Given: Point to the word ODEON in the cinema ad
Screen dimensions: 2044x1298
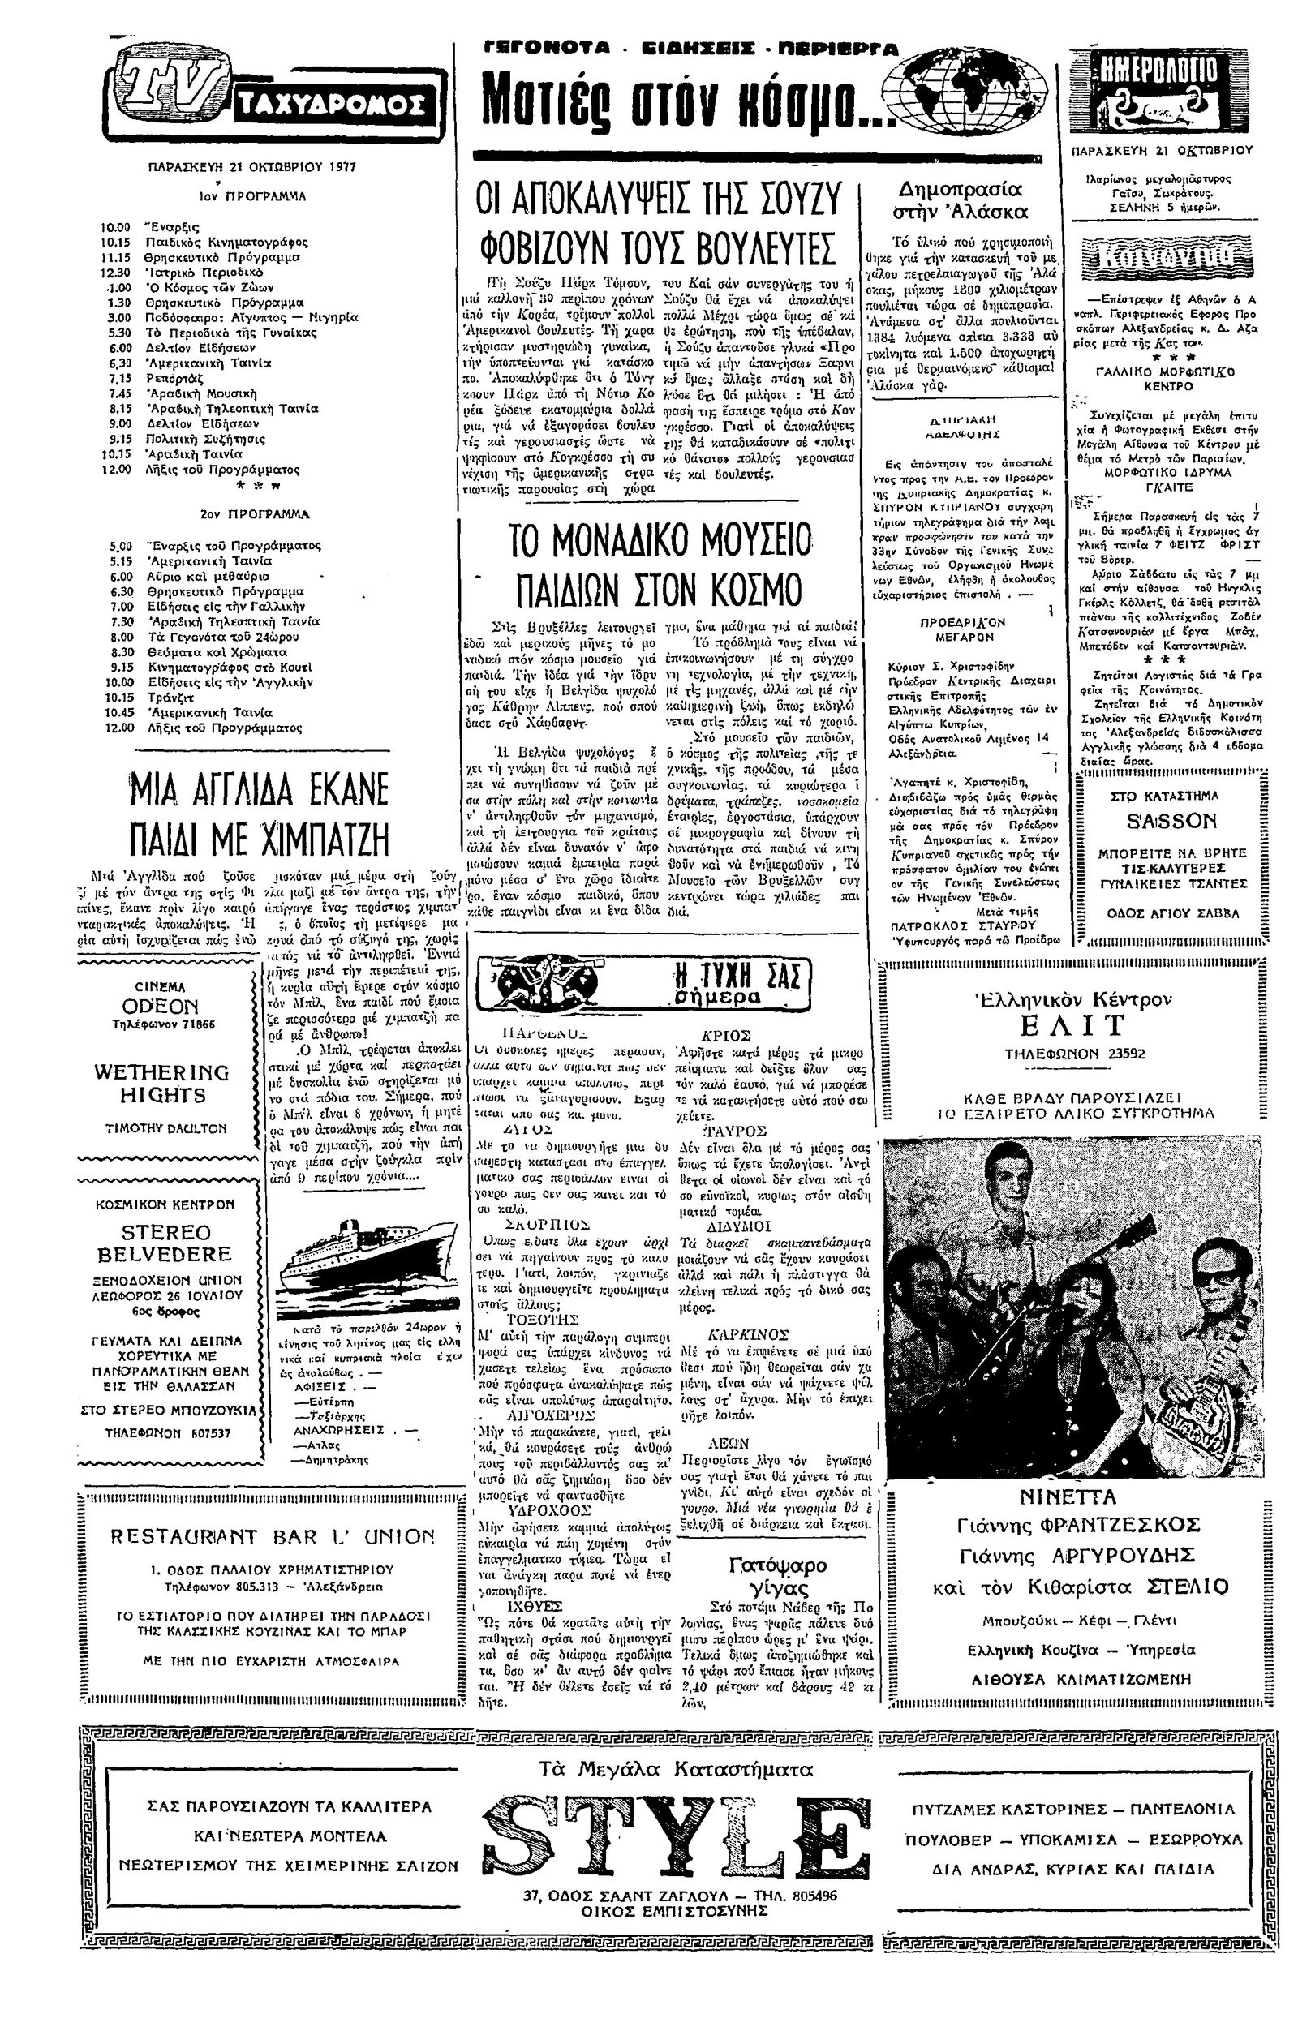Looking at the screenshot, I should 161,1007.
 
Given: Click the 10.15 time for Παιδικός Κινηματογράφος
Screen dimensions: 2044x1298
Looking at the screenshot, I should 116,243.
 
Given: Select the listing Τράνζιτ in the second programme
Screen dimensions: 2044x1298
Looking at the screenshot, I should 168,697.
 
